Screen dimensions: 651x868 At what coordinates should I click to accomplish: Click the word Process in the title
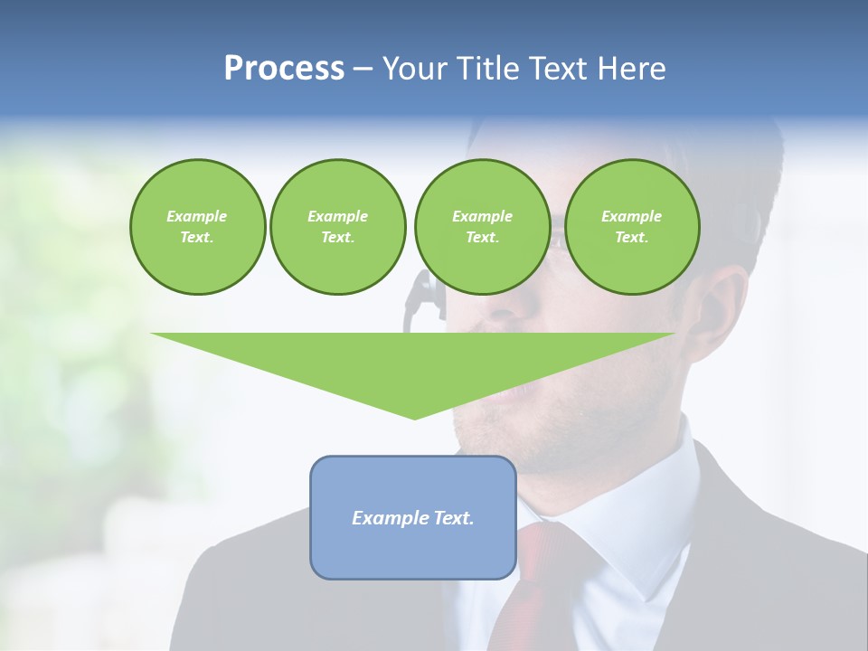point(284,69)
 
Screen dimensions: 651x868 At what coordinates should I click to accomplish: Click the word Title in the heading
point(488,69)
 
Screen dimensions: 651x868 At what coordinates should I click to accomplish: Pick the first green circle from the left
point(197,226)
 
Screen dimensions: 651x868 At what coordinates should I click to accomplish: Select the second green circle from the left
point(337,226)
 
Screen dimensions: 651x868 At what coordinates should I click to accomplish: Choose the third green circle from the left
point(482,226)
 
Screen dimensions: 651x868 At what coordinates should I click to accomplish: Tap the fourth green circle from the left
point(631,226)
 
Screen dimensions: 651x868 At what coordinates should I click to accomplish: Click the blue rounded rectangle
point(412,552)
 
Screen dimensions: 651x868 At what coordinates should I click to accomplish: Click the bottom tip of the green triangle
point(414,417)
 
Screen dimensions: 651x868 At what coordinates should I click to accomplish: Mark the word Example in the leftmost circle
point(197,216)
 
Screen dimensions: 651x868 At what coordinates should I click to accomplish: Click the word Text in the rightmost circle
point(631,237)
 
